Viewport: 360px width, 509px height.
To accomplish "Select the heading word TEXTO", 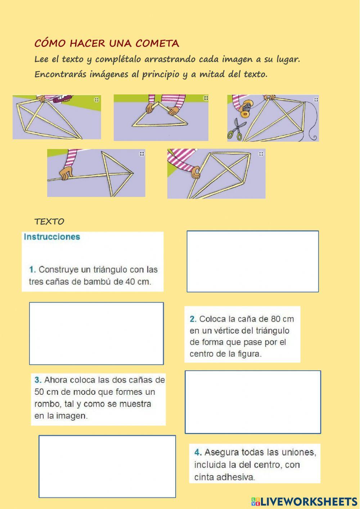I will pyautogui.click(x=49, y=222).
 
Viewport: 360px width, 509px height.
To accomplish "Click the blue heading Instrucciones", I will pyautogui.click(x=52, y=237).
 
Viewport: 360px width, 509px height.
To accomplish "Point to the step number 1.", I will pyautogui.click(x=32, y=269).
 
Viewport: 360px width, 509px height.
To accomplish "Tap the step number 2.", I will pyautogui.click(x=193, y=319).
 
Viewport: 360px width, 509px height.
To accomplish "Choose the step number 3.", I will pyautogui.click(x=38, y=380).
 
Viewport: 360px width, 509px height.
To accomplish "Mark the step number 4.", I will pyautogui.click(x=198, y=452).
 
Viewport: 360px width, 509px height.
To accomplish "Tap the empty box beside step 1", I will pyautogui.click(x=253, y=262).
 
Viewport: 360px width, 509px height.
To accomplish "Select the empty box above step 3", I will pyautogui.click(x=96, y=334).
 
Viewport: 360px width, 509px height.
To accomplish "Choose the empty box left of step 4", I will pyautogui.click(x=107, y=466).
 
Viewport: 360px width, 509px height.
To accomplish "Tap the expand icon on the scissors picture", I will pyautogui.click(x=316, y=99).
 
